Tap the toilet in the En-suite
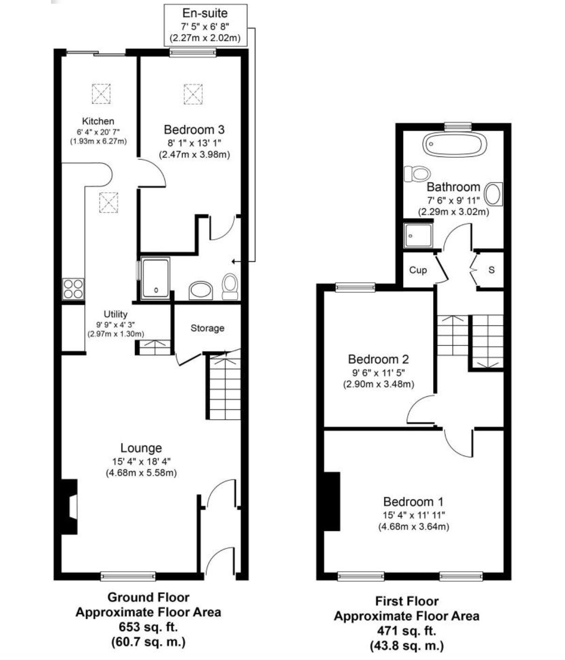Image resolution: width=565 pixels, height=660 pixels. click(230, 286)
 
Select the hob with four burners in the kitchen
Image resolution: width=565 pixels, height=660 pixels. click(73, 288)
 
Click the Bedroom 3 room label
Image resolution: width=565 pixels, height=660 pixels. click(194, 129)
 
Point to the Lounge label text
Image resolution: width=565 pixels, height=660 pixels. click(141, 448)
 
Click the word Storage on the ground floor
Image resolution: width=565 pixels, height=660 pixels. click(207, 328)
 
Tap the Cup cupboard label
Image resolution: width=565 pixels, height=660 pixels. click(418, 270)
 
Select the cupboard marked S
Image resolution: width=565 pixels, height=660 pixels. click(491, 270)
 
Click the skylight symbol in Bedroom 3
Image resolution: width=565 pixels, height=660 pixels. click(193, 94)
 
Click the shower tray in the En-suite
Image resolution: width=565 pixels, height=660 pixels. click(156, 278)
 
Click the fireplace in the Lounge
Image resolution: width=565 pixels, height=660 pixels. click(70, 506)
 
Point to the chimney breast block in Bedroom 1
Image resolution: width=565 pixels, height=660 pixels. click(332, 501)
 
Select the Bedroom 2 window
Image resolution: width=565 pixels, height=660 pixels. click(355, 288)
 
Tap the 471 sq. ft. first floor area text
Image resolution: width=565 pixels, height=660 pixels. click(406, 631)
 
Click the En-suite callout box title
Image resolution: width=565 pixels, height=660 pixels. click(205, 13)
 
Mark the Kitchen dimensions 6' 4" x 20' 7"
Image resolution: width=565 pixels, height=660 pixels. click(98, 132)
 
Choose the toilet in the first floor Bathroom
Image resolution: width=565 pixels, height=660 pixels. click(417, 174)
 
